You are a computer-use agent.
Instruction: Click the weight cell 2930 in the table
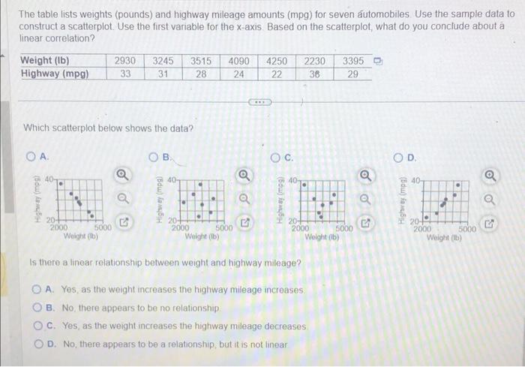(x=125, y=60)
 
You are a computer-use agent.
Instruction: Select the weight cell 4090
(x=239, y=60)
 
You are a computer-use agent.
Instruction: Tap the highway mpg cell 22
(x=277, y=74)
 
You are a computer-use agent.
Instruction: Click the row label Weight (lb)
(x=46, y=60)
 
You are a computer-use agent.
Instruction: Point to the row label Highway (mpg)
(x=54, y=74)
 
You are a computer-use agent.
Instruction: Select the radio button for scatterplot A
(x=30, y=156)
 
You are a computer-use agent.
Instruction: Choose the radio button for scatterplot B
(x=154, y=156)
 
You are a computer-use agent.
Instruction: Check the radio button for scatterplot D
(x=400, y=157)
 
